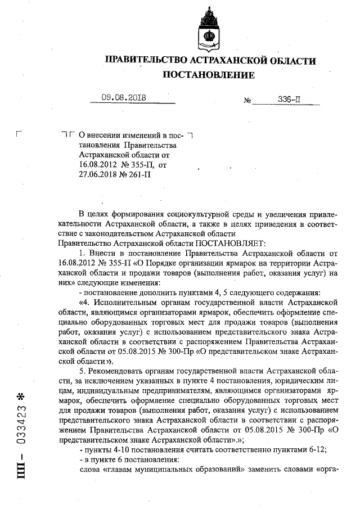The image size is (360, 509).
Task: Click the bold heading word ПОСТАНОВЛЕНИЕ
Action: [x=209, y=75]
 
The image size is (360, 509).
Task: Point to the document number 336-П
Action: [x=290, y=100]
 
